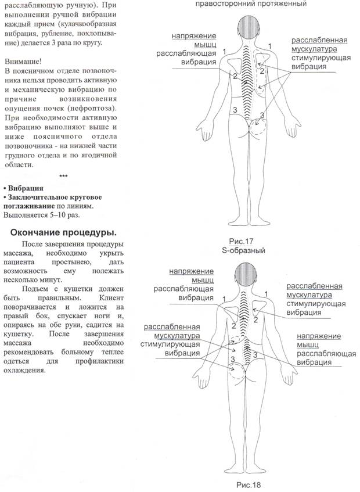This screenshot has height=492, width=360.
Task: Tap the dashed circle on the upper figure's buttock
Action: click(259, 124)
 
